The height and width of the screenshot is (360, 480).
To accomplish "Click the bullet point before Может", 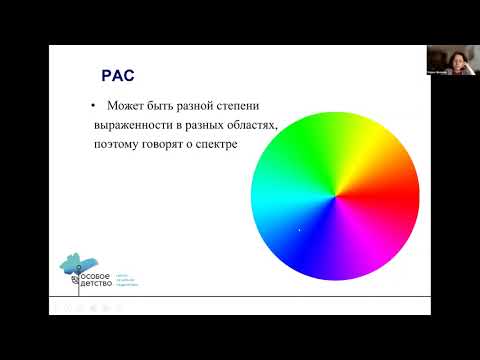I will (x=92, y=106).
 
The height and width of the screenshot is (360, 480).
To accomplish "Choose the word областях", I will (x=247, y=125).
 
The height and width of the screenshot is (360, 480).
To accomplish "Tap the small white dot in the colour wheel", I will (x=299, y=231).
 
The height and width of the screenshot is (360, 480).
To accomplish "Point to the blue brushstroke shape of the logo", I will (x=74, y=261).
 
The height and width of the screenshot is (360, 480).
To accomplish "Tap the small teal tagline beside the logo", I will (x=126, y=280).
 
